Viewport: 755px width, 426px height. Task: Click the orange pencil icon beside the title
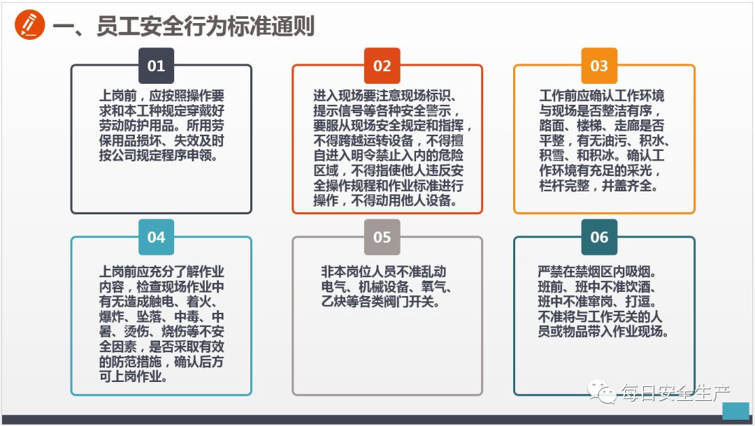tap(29, 26)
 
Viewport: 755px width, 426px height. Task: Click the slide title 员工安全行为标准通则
tap(183, 27)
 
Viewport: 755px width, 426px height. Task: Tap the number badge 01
tap(156, 66)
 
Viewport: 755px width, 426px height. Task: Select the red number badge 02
tap(382, 66)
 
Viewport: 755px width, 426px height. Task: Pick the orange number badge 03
tap(599, 66)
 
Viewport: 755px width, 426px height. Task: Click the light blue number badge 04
tap(156, 237)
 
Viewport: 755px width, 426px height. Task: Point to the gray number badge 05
tap(382, 237)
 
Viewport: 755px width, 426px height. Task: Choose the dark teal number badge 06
tap(599, 237)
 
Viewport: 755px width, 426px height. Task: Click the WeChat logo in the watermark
tap(603, 393)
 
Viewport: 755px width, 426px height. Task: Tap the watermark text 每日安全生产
tap(676, 394)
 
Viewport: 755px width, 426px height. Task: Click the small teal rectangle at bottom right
tap(735, 411)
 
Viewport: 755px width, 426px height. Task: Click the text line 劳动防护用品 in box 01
tap(161, 126)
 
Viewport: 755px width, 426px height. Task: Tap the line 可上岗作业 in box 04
tap(134, 377)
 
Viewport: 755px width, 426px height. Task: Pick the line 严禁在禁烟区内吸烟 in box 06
tap(596, 272)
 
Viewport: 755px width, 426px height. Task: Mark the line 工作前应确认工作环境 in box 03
tap(601, 96)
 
